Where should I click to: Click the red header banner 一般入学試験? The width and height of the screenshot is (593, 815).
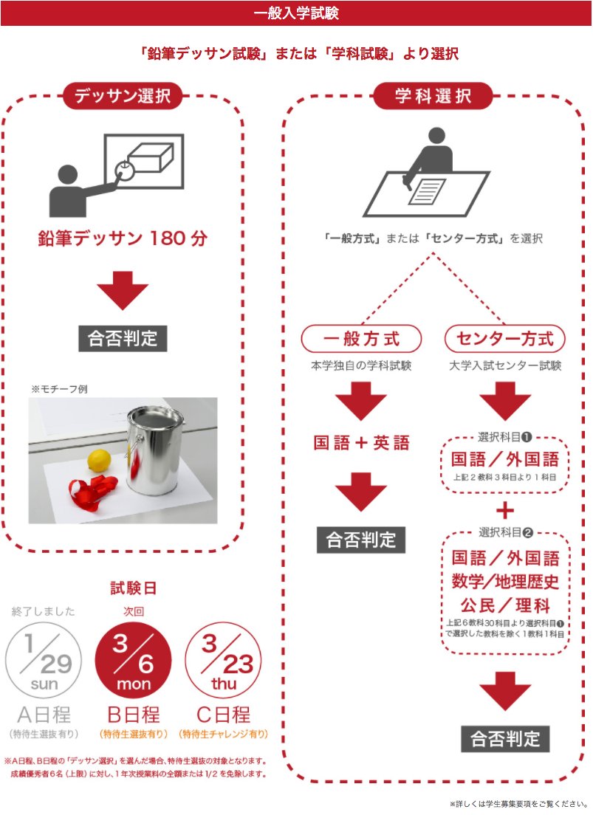[x=296, y=13]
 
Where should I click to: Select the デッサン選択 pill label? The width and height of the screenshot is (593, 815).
[x=122, y=96]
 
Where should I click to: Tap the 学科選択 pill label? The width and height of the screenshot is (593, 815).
[x=433, y=96]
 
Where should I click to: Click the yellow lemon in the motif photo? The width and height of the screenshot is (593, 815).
[x=99, y=461]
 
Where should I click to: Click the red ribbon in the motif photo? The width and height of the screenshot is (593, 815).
[x=92, y=489]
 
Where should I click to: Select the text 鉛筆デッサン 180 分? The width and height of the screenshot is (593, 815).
[x=123, y=239]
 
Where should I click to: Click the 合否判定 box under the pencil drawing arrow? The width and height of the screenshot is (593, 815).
[x=123, y=338]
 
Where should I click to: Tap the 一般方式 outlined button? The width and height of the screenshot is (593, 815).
[x=361, y=339]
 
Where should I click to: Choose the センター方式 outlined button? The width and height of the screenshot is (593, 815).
[x=505, y=339]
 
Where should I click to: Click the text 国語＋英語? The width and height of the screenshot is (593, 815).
[x=361, y=443]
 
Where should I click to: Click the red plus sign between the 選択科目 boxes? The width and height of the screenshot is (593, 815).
[x=505, y=510]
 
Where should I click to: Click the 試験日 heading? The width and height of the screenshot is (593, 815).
[x=134, y=588]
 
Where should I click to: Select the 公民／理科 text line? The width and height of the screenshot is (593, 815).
[x=505, y=606]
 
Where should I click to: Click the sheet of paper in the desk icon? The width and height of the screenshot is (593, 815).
[x=426, y=191]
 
